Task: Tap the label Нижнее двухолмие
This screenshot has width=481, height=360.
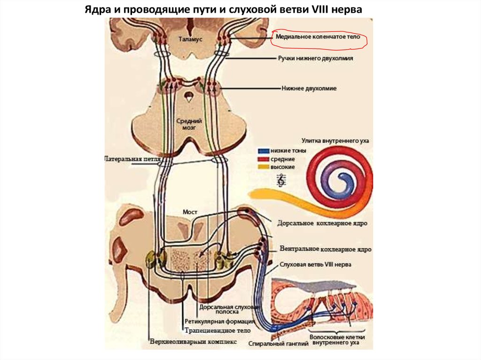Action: tap(309, 88)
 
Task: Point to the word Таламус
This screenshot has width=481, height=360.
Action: tap(190, 40)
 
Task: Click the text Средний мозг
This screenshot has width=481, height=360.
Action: tap(186, 124)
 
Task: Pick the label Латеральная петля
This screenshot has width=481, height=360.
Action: tap(133, 160)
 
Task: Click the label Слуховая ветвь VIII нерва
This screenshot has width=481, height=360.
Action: tap(315, 265)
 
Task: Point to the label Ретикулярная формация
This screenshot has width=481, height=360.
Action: tap(219, 322)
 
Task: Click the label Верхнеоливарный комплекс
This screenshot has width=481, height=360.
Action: tap(193, 342)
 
